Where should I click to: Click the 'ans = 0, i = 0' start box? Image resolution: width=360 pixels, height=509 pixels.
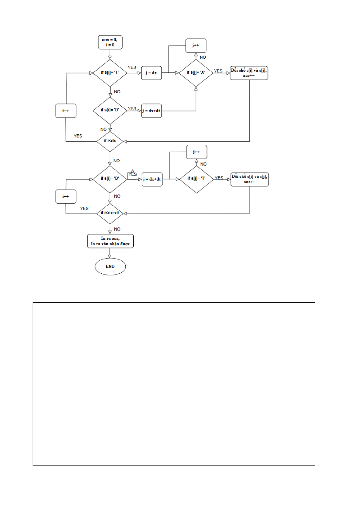pos(110,42)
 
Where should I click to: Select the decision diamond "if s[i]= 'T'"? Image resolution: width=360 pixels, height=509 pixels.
pos(110,73)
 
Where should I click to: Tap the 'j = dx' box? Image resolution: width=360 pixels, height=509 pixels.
pos(151,73)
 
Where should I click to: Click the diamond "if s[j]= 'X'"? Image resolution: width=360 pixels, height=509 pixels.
pos(196,73)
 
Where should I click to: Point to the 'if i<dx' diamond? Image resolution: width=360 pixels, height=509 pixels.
pos(110,141)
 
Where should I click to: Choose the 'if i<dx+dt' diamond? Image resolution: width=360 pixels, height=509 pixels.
pos(110,213)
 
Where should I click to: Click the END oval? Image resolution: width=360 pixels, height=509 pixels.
pos(110,266)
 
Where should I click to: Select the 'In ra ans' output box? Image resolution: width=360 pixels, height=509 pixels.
pos(110,241)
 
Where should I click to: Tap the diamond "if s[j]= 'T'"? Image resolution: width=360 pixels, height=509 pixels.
pos(197,179)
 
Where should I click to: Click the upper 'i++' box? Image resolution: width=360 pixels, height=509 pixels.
pos(66,111)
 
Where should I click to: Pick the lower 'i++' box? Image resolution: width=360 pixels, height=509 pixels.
pos(66,196)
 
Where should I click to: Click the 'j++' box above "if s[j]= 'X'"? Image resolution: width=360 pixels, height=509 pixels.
pos(196,45)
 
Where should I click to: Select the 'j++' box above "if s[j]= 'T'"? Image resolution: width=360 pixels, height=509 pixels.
pos(197,152)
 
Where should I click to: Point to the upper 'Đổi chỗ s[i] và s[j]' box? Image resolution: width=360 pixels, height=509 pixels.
pos(249,73)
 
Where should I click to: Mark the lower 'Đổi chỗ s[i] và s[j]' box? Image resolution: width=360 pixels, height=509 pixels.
pos(250,179)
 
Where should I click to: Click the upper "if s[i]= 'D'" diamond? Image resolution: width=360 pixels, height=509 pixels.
pos(110,111)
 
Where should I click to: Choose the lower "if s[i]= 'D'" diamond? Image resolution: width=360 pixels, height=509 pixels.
pos(110,179)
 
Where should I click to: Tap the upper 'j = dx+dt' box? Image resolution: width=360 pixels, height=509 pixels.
pos(151,111)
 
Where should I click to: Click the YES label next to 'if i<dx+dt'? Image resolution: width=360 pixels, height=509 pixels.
pos(84,208)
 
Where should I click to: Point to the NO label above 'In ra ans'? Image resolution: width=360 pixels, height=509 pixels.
pos(117,229)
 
